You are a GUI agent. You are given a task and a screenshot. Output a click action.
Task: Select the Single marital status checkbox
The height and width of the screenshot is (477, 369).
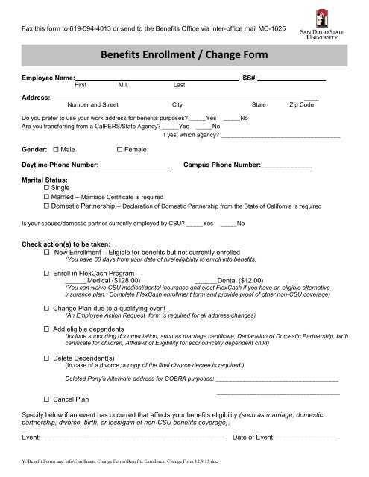click(x=48, y=188)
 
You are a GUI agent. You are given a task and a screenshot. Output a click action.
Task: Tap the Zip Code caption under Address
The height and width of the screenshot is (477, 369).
click(x=301, y=106)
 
